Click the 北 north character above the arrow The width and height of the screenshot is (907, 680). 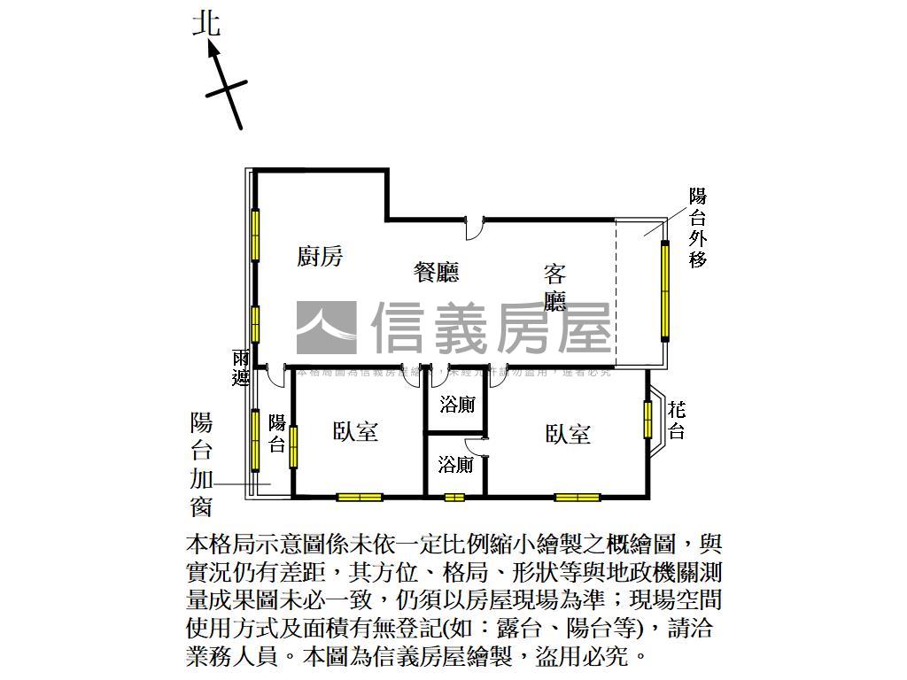pos(207,23)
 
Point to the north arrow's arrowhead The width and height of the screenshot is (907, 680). pos(213,47)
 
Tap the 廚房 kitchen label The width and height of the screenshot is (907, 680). pos(320,257)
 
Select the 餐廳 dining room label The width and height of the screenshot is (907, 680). pos(437,272)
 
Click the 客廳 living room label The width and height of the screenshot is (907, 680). pos(555,288)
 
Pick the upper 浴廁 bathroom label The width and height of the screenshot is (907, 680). pos(457,406)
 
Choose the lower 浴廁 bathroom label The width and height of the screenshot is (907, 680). pos(456,464)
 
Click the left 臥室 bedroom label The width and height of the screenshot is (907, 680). pos(356,431)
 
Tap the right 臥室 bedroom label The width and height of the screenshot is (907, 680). pos(568,434)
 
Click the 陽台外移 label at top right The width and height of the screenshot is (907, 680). pos(698,228)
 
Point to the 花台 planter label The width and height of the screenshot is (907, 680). pos(677,420)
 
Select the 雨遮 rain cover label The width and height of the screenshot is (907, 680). pos(240,367)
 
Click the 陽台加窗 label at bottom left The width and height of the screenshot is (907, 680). pos(201,464)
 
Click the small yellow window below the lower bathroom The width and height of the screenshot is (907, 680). pos(454,497)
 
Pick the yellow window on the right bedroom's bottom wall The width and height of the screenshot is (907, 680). pos(578,497)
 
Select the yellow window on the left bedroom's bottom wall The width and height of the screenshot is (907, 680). pos(360,497)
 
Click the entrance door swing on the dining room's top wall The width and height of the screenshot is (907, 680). pos(475,228)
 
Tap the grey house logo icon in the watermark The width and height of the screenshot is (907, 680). pos(326,328)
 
